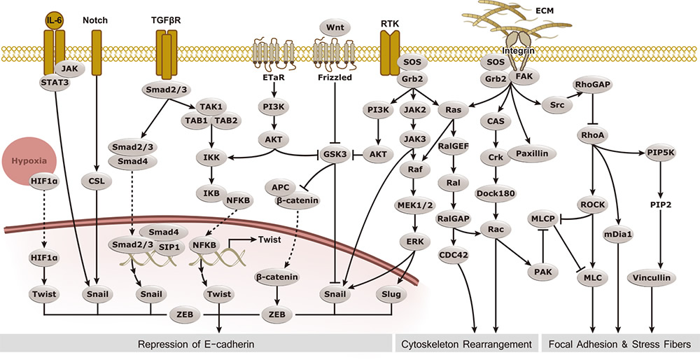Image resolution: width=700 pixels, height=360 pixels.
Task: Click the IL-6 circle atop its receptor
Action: pos(54,20)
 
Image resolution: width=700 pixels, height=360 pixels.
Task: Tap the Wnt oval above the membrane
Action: pos(335,28)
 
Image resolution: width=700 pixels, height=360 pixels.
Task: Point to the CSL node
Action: pos(97,181)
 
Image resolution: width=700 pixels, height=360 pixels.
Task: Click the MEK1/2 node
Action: pos(416,205)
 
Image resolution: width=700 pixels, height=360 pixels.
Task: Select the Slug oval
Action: pos(391,294)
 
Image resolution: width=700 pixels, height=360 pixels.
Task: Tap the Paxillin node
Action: pos(531,153)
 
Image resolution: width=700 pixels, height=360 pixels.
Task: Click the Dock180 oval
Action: pos(496,193)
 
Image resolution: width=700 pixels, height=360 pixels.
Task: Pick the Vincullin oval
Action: pos(652,278)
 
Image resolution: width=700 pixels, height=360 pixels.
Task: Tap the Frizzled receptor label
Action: pos(335,77)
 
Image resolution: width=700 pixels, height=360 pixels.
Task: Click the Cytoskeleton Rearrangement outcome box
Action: pos(465,344)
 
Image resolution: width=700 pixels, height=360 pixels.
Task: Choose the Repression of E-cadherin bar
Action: pos(196,344)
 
